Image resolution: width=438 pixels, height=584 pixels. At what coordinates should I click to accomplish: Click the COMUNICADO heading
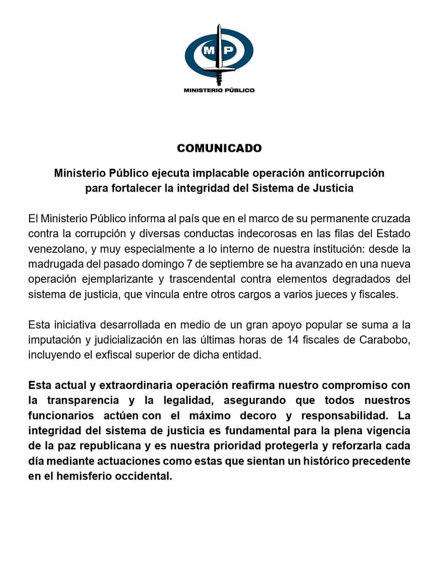pyautogui.click(x=219, y=148)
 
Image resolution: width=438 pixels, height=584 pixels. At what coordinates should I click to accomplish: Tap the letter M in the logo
pyautogui.click(x=209, y=51)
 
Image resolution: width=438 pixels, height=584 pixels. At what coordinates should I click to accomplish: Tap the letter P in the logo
pyautogui.click(x=229, y=51)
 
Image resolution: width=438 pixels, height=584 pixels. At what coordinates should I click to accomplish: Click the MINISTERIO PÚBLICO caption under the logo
pyautogui.click(x=219, y=90)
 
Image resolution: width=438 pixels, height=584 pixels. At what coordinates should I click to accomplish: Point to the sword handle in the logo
pyautogui.click(x=219, y=78)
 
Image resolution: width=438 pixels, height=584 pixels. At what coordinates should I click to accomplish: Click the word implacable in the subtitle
pyautogui.click(x=219, y=173)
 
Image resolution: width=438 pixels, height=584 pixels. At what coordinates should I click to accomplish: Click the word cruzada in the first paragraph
pyautogui.click(x=393, y=218)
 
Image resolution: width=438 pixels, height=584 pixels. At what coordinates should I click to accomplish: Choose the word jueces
pyautogui.click(x=331, y=294)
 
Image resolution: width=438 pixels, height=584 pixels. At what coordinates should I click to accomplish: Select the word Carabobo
pyautogui.click(x=385, y=340)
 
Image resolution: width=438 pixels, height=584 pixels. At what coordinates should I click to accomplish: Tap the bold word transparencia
pyautogui.click(x=83, y=401)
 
